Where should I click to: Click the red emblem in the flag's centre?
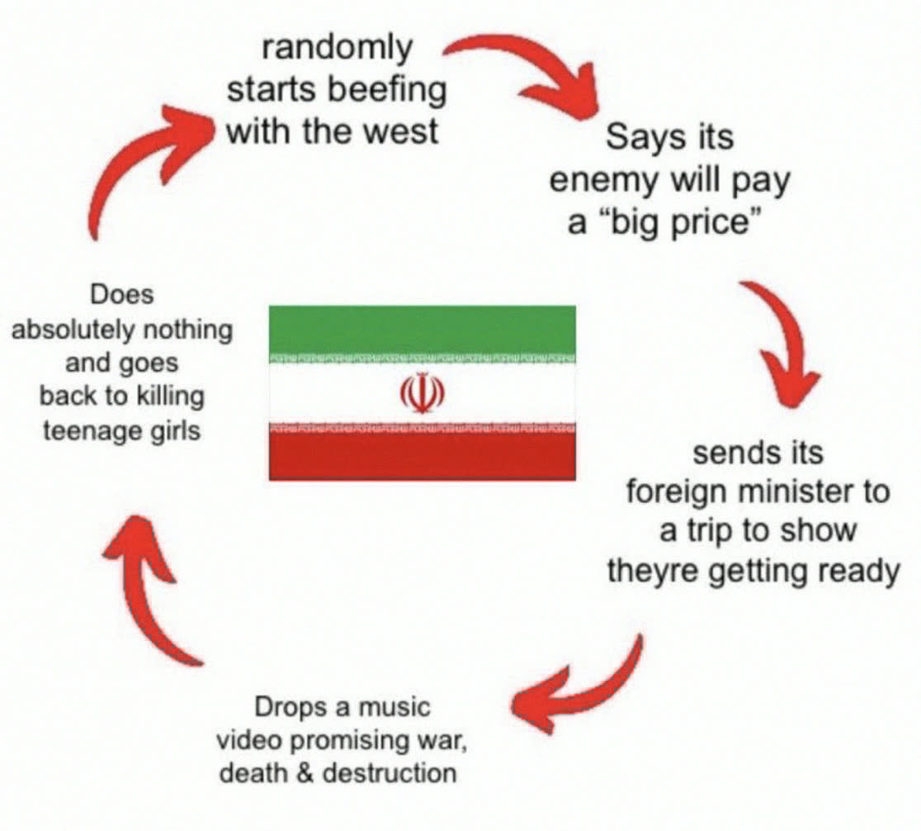[422, 392]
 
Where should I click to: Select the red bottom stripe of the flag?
[423, 457]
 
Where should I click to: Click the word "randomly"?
[337, 48]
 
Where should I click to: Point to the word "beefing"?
[386, 90]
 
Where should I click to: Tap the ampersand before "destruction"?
[305, 773]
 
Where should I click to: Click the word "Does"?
[122, 294]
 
